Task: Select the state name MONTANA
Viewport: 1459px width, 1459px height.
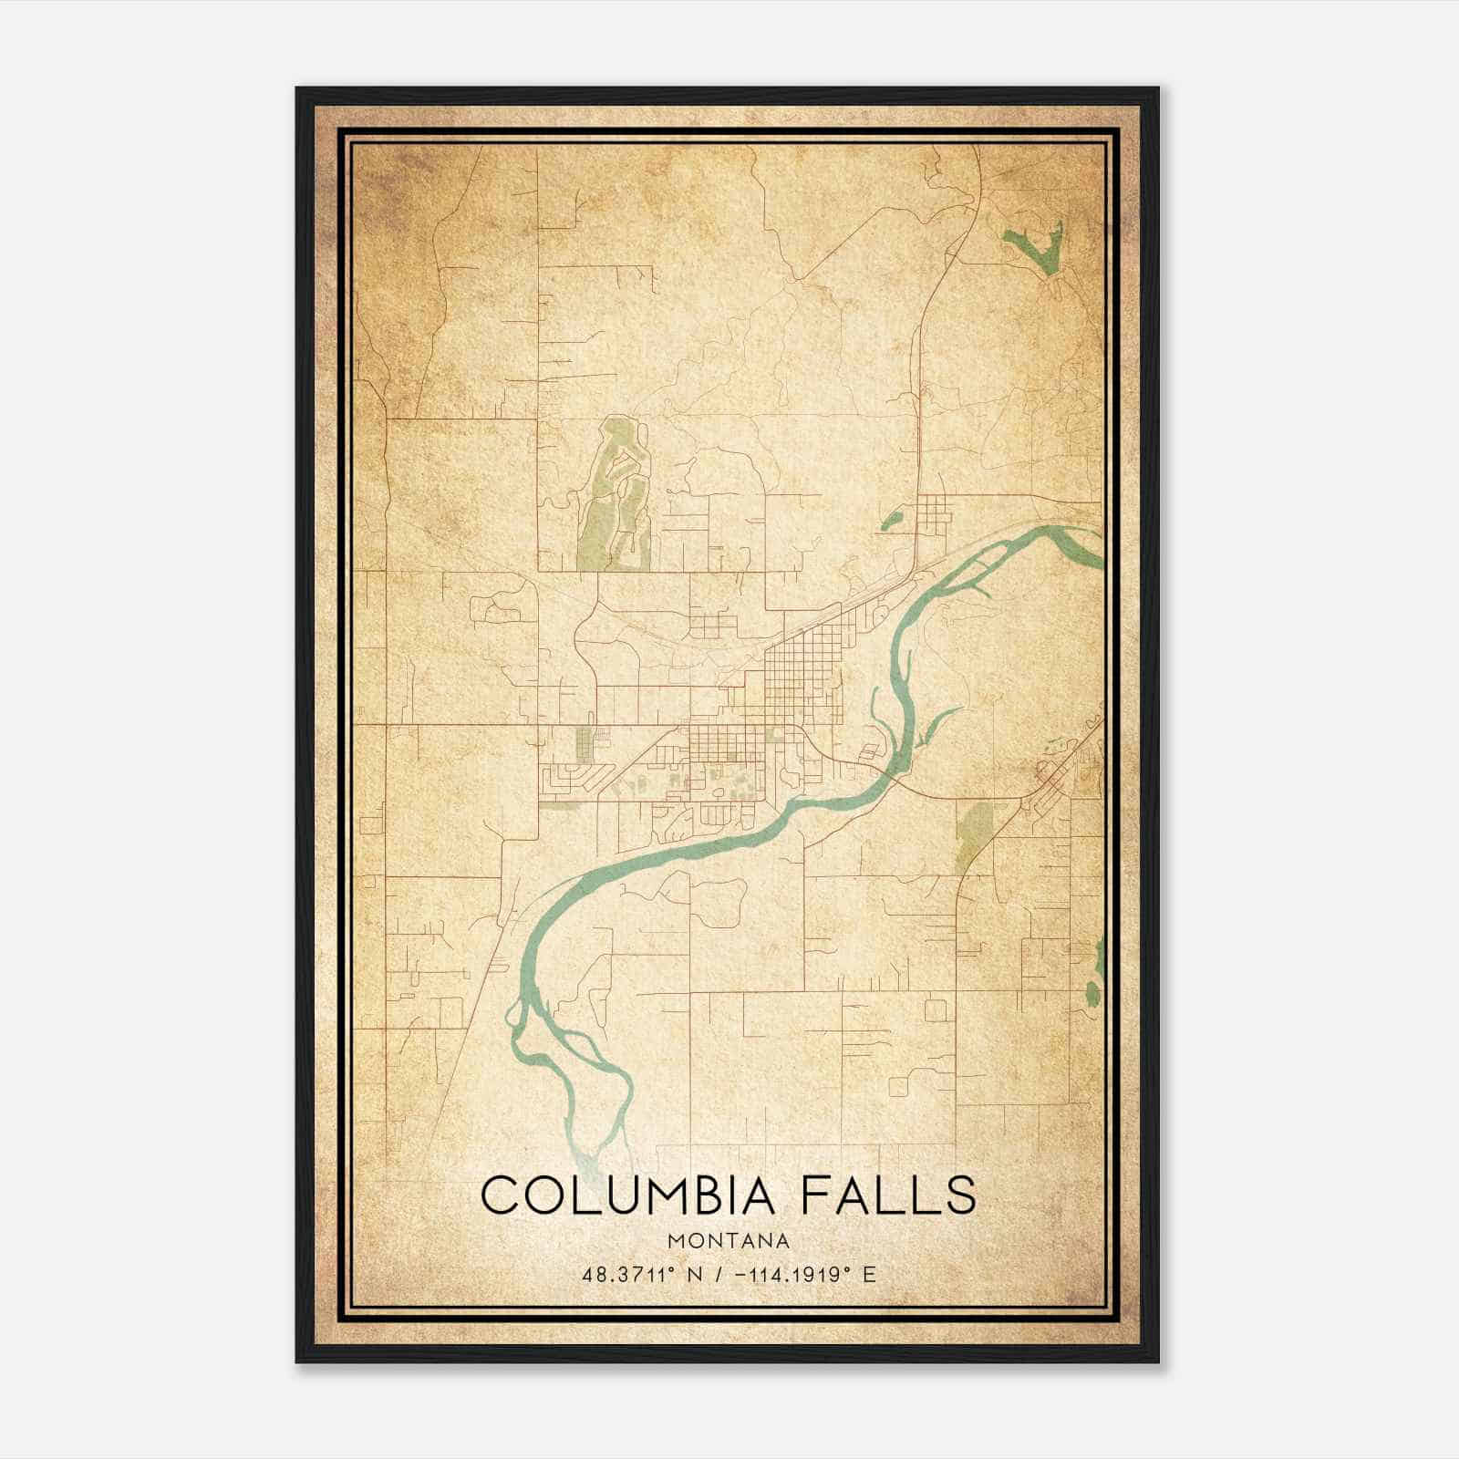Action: click(x=729, y=1240)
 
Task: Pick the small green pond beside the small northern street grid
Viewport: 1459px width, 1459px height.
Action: click(x=891, y=522)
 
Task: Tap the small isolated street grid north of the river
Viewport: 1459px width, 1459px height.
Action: click(x=936, y=516)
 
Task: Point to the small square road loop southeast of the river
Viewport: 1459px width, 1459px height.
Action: click(x=935, y=1009)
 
